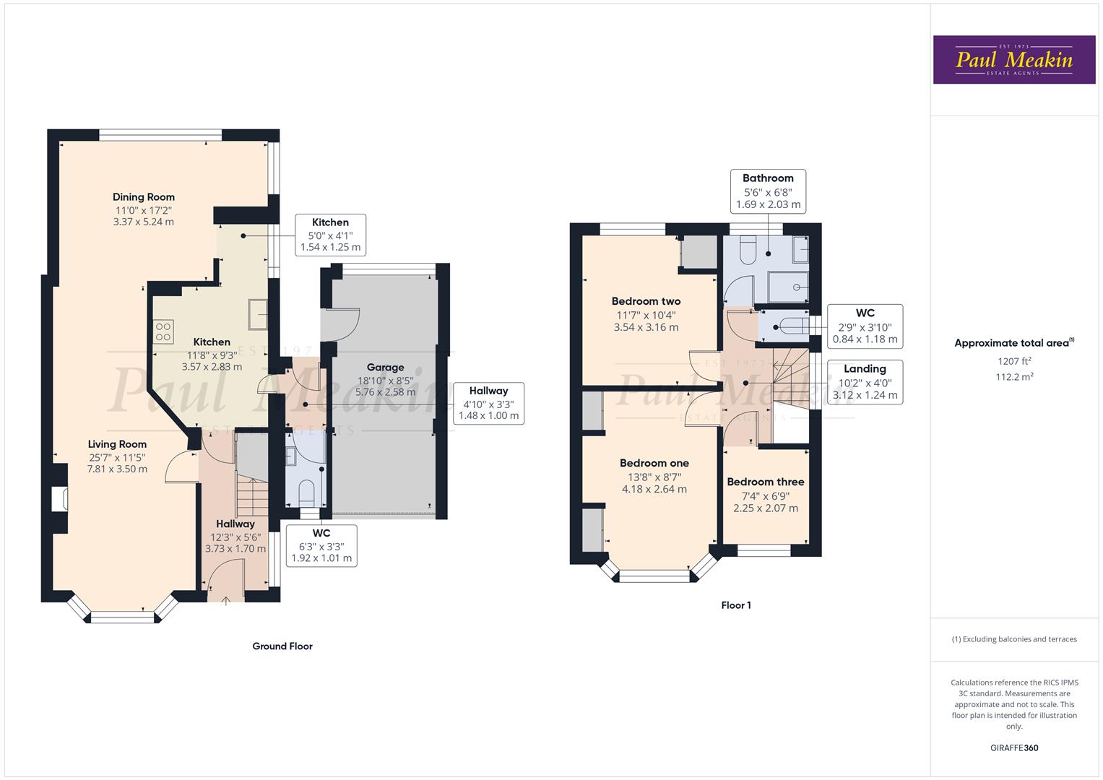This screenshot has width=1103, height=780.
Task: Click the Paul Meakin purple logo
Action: (x=1013, y=60)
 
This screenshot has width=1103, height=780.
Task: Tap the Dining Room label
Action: (x=143, y=197)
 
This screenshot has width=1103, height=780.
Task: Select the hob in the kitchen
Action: (x=164, y=331)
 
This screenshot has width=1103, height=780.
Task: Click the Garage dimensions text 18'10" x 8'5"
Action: (x=385, y=381)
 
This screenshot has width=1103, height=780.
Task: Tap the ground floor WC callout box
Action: (x=321, y=546)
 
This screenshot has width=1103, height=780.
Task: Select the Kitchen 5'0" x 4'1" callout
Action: (x=330, y=235)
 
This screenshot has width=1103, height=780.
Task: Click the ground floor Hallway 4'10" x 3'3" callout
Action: (x=488, y=403)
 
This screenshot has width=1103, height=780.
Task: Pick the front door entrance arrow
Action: (x=226, y=599)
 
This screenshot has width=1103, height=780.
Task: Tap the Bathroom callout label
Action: (x=768, y=178)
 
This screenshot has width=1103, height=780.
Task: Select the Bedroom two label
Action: (x=646, y=301)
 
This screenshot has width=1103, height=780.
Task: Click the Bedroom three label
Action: (x=765, y=482)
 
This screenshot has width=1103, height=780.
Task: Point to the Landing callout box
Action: (x=865, y=381)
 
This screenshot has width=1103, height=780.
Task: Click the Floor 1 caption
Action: (x=736, y=605)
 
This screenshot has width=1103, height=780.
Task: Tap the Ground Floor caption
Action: (x=282, y=646)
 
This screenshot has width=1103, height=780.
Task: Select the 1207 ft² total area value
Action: (x=1014, y=360)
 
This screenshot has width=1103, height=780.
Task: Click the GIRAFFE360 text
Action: (x=1014, y=747)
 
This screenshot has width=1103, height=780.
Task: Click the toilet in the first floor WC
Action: (x=789, y=326)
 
